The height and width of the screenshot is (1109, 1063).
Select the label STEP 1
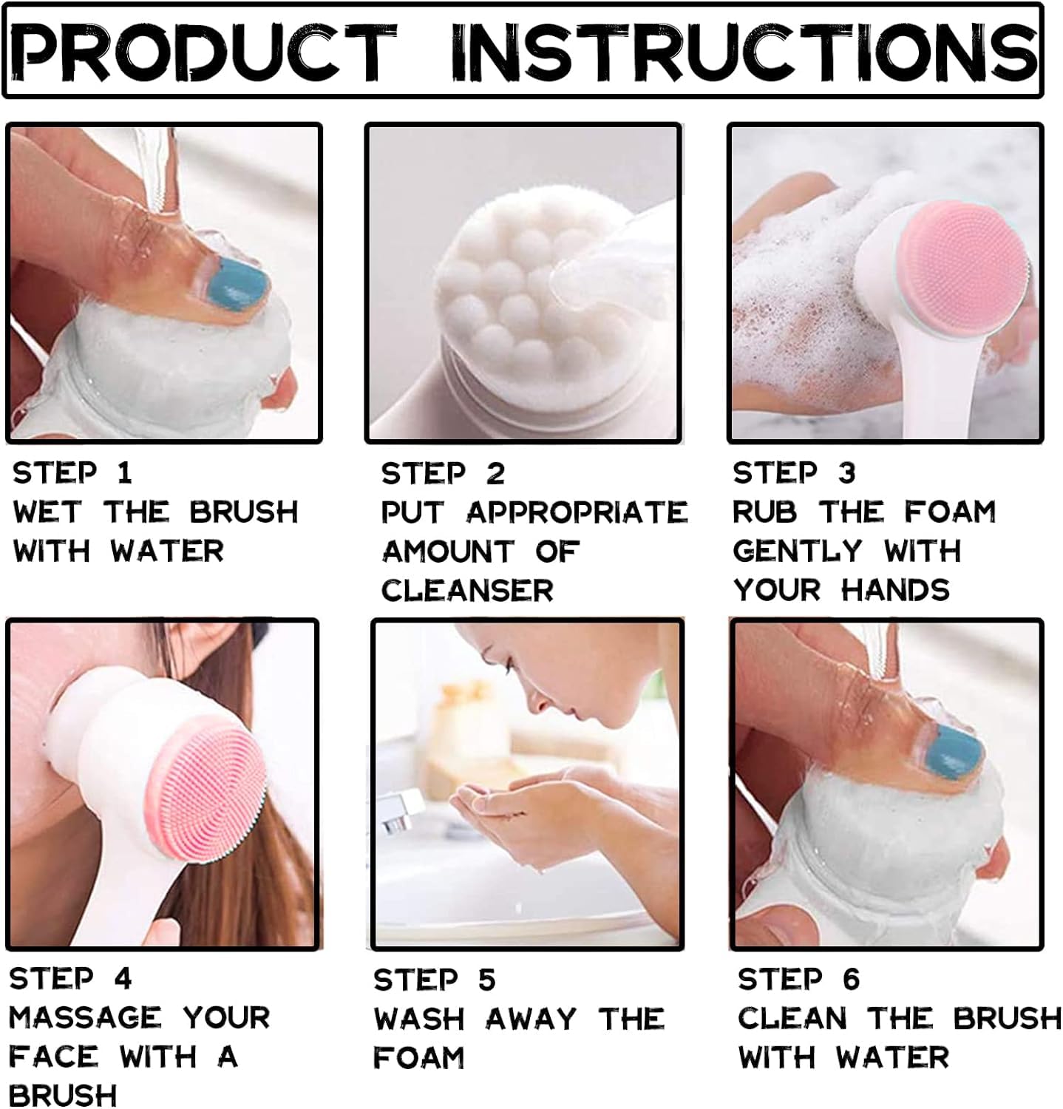click(x=72, y=473)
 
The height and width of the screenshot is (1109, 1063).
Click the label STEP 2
click(x=443, y=474)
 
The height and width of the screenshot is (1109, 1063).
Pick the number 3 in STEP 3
click(x=847, y=473)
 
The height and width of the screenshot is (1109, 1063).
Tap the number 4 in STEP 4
click(x=123, y=979)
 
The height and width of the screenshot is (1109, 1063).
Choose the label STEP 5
click(x=435, y=980)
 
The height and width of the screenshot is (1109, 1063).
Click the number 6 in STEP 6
click(x=852, y=980)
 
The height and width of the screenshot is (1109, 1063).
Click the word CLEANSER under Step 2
click(x=467, y=591)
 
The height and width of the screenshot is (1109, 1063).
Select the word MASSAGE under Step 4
click(x=85, y=1018)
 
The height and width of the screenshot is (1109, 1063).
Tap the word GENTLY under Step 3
click(x=798, y=552)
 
